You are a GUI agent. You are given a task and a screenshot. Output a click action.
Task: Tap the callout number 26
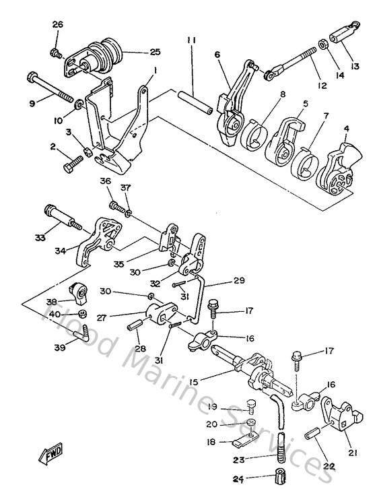[57, 26]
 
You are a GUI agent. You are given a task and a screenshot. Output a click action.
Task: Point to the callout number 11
[192, 42]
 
